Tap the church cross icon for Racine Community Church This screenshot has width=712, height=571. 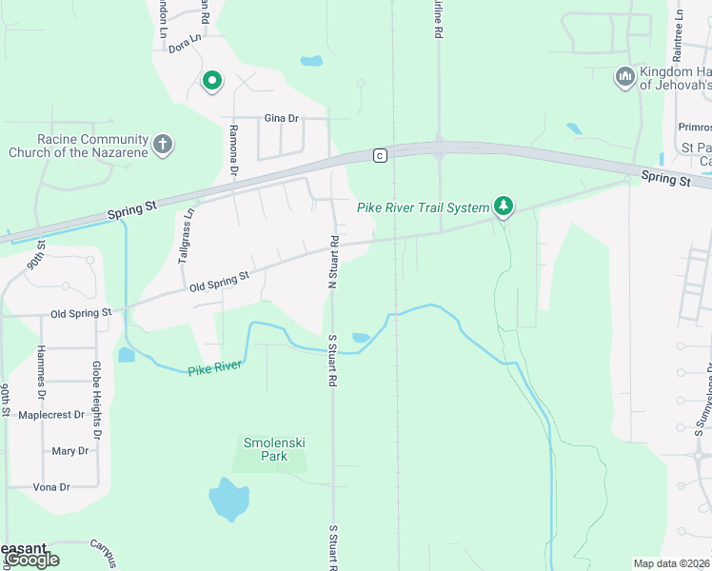(163, 145)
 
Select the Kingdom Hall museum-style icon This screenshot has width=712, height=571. (625, 76)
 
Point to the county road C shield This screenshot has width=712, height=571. (379, 155)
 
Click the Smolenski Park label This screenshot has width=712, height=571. (270, 449)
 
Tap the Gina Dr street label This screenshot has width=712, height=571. (281, 118)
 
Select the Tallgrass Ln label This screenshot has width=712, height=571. (186, 234)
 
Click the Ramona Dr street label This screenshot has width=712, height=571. (232, 149)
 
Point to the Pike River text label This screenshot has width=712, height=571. (214, 367)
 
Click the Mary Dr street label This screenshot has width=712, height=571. (70, 451)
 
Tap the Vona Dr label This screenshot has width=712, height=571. (51, 486)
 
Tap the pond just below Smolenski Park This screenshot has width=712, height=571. (228, 499)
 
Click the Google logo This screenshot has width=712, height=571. (32, 560)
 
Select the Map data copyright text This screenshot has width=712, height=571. (670, 563)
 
